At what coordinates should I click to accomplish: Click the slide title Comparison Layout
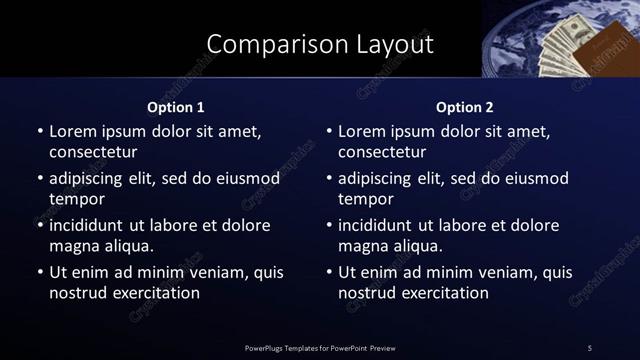click(320, 44)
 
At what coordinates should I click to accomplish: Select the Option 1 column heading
click(176, 107)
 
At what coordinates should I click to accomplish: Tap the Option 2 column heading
click(465, 107)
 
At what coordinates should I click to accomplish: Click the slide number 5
click(590, 347)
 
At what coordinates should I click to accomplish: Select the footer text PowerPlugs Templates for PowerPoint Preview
click(320, 347)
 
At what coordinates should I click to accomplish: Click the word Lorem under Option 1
click(73, 131)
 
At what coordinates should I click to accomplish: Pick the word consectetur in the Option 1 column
click(93, 152)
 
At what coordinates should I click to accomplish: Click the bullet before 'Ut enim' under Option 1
click(40, 272)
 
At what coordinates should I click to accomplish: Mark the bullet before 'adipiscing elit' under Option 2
click(329, 178)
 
